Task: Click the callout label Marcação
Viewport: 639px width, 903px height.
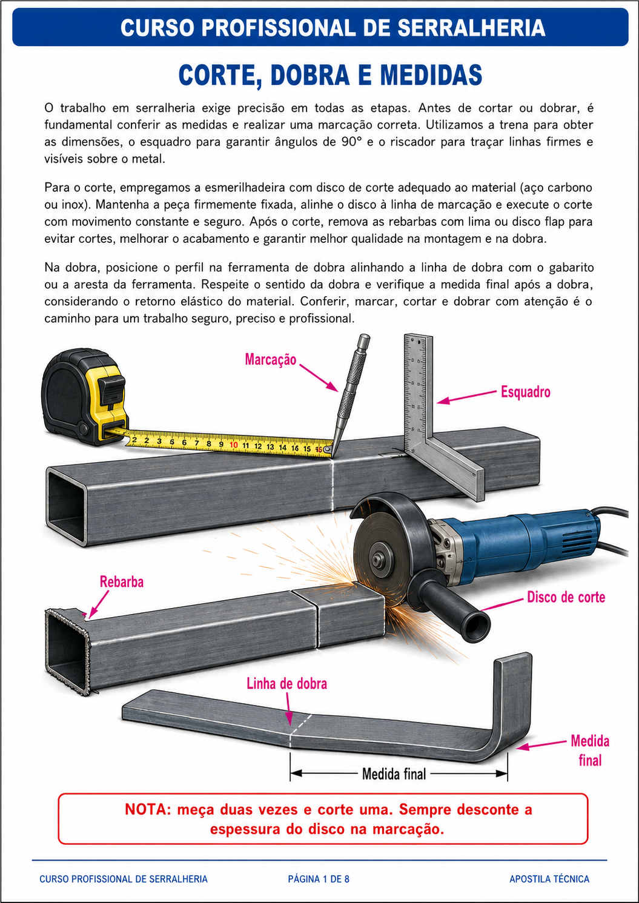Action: [271, 359]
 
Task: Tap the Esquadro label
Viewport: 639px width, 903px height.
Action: [525, 392]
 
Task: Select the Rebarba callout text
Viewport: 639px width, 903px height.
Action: [121, 581]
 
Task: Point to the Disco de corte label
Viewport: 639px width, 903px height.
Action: [566, 597]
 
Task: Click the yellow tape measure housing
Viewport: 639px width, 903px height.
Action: [85, 397]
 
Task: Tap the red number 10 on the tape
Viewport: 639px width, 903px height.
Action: [233, 445]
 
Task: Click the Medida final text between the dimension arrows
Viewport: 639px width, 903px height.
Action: [394, 773]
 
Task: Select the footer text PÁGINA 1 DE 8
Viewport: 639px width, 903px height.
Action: [319, 879]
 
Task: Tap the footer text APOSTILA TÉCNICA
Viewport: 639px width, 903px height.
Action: [549, 879]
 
